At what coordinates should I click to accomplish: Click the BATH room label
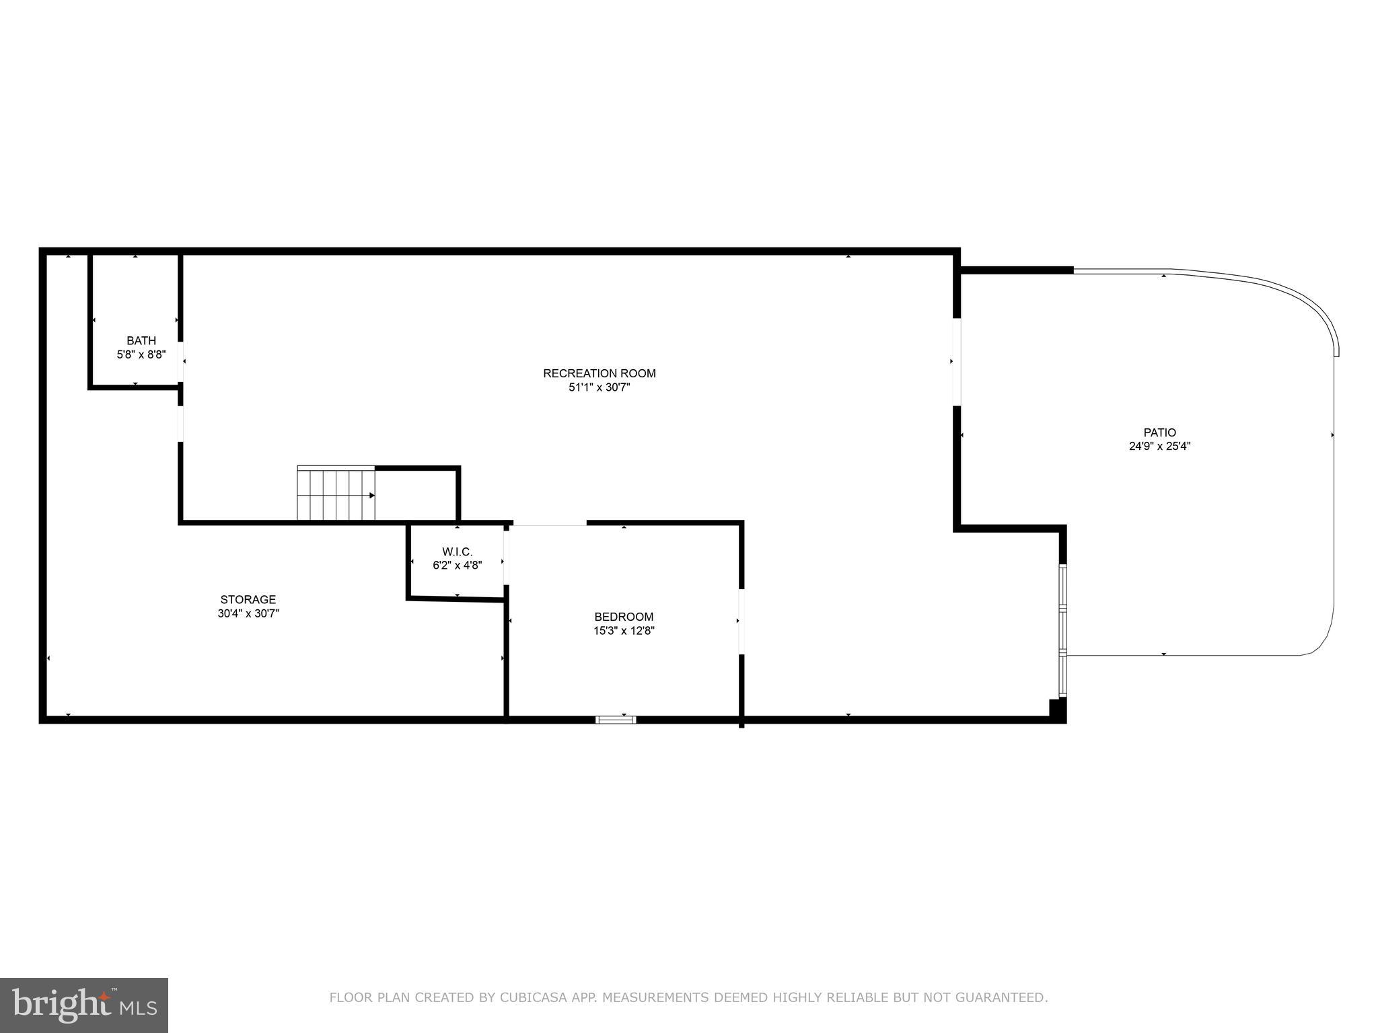click(141, 341)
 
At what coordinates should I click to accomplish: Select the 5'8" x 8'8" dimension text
click(141, 354)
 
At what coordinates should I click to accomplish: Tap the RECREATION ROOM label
click(599, 373)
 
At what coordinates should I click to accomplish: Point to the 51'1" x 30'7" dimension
click(599, 387)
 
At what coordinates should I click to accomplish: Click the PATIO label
click(1159, 432)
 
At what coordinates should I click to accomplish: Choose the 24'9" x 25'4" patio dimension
click(1159, 446)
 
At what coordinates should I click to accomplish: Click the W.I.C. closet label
click(457, 552)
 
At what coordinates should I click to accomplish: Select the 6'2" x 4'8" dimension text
click(457, 566)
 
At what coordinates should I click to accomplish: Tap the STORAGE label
click(248, 599)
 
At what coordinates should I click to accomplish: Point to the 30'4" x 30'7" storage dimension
click(248, 613)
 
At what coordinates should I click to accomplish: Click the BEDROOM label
click(624, 617)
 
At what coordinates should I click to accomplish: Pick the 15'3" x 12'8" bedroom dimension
click(624, 631)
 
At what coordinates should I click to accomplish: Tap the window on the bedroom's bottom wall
click(616, 720)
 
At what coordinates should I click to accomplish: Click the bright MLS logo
click(84, 1005)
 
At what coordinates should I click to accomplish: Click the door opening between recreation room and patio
click(956, 362)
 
